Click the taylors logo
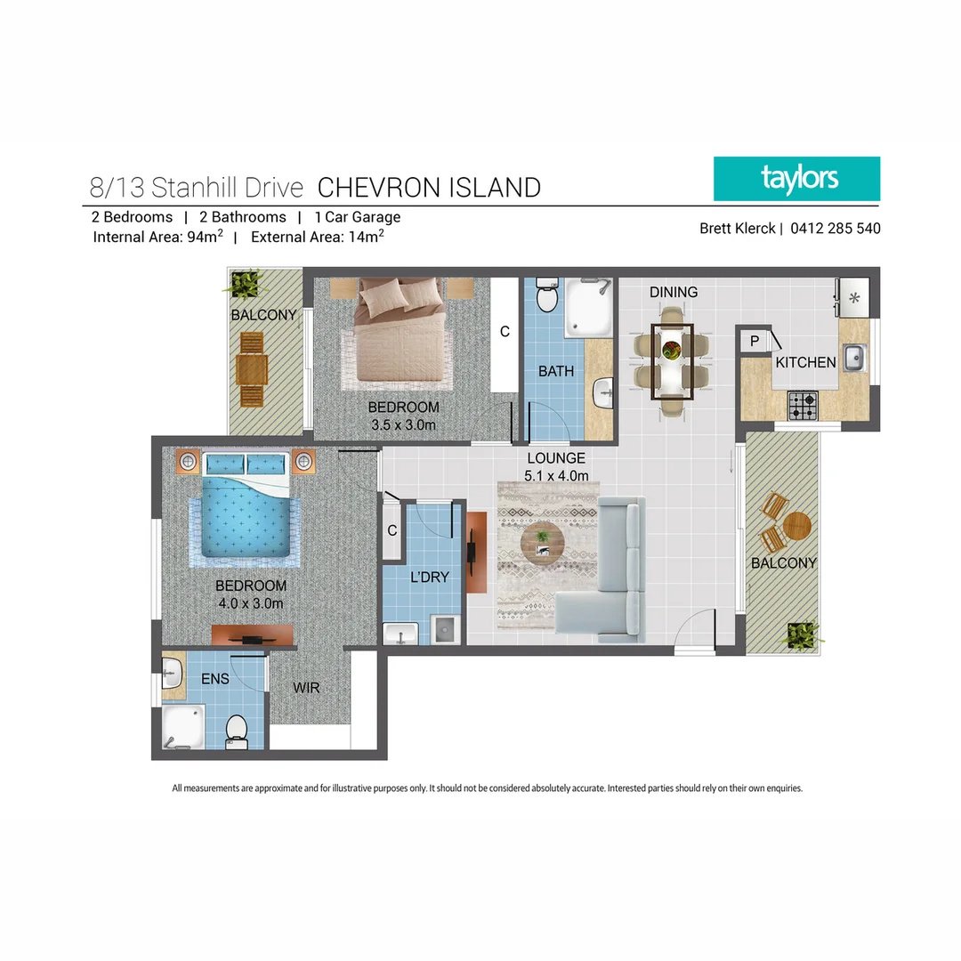pyautogui.click(x=796, y=179)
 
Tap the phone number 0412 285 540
pyautogui.click(x=834, y=229)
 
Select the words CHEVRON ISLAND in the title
pyautogui.click(x=429, y=188)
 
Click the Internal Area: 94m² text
pyautogui.click(x=157, y=237)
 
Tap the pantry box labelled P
pyautogui.click(x=754, y=341)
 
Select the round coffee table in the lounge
pyautogui.click(x=542, y=541)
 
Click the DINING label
pyautogui.click(x=673, y=292)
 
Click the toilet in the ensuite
pyautogui.click(x=237, y=730)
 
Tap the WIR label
pyautogui.click(x=306, y=688)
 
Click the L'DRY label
pyautogui.click(x=429, y=577)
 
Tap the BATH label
pyautogui.click(x=556, y=371)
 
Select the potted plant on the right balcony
pyautogui.click(x=800, y=635)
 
